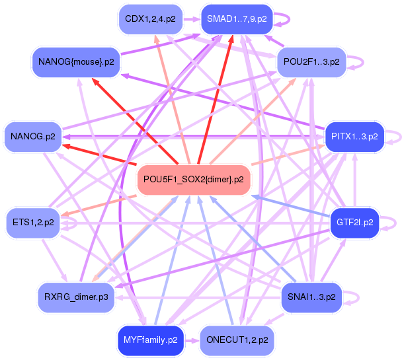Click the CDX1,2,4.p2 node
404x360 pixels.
150,19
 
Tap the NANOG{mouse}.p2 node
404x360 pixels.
76,62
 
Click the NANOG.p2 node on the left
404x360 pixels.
32,137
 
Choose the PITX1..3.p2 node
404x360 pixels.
354,137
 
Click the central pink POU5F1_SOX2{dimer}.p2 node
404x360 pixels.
193,179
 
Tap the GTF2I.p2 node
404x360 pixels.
354,222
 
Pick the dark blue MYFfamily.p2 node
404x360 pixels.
150,340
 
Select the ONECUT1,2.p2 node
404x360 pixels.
236,340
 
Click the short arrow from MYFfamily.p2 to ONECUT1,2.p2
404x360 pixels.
191,340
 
